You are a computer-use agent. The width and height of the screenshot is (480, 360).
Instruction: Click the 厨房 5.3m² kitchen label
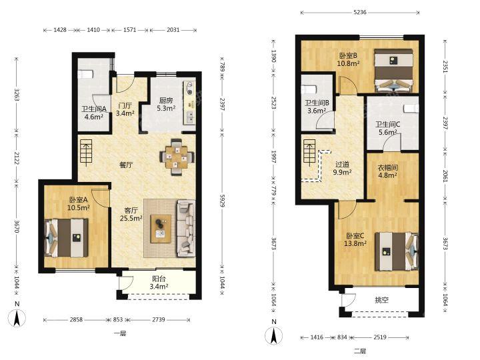coord(166,104)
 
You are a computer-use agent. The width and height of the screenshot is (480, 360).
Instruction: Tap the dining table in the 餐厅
coord(177,157)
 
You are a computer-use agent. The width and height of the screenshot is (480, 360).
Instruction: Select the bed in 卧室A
coord(67,237)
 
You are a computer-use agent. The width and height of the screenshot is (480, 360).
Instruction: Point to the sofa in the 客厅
coord(185,229)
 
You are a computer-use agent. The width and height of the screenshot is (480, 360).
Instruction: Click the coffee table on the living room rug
coord(161,229)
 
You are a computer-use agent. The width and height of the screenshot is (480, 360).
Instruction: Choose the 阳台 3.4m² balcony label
coord(159,283)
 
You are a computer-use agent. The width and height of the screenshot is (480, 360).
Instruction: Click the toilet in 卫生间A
coord(85,74)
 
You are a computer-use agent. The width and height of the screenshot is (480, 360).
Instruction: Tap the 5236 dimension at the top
coord(360,12)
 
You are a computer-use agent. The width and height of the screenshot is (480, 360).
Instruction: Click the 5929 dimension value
coord(223,199)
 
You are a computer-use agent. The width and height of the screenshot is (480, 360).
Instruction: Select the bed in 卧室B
coord(393,71)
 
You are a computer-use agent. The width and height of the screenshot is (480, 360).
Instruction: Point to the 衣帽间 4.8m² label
coord(387,171)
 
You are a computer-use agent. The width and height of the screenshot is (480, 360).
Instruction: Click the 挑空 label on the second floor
coord(382,300)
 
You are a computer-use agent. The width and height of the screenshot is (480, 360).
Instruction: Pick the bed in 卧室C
coord(397,251)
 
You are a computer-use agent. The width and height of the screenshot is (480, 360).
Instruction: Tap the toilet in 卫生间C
coord(411,109)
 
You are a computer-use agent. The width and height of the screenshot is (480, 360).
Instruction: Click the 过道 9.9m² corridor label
coord(342,169)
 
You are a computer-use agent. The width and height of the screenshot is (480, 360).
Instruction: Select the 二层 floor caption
coord(360,351)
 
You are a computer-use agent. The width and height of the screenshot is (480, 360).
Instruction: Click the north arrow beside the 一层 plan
coord(17,318)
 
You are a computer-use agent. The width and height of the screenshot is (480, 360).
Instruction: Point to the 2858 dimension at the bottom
coord(76,319)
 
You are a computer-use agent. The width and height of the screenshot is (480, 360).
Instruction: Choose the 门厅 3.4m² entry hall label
coord(125,109)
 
